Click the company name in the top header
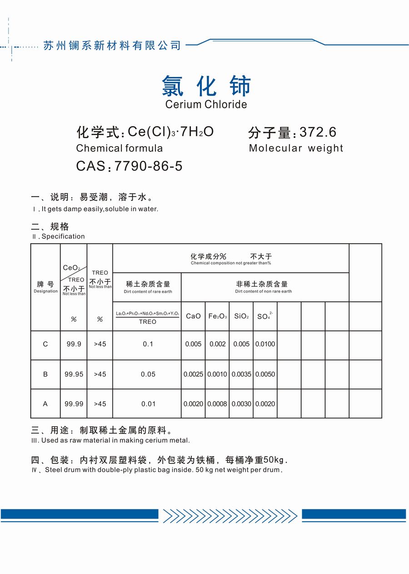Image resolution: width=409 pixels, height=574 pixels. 112,45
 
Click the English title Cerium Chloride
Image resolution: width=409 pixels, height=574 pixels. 206,104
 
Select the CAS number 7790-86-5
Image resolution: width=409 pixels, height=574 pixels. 149,166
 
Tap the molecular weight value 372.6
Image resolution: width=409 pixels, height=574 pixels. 318,132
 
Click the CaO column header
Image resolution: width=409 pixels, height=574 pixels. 193,316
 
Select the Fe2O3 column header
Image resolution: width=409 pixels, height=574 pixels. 217,316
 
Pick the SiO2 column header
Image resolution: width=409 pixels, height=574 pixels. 241,316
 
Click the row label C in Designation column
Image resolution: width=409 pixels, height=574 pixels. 45,344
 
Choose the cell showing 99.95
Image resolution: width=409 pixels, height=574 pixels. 74,374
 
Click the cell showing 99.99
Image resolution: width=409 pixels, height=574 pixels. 74,404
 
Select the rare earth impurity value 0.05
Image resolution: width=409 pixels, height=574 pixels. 148,374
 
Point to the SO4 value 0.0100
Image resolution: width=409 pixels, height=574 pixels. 265,344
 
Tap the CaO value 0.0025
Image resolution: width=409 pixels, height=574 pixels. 193,374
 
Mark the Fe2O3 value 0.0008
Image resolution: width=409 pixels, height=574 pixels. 217,404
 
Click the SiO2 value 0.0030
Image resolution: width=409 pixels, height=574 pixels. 241,404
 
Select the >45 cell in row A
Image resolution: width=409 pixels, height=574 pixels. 100,404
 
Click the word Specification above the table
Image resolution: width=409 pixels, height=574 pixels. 63,237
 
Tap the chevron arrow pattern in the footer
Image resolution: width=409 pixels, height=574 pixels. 230,515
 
